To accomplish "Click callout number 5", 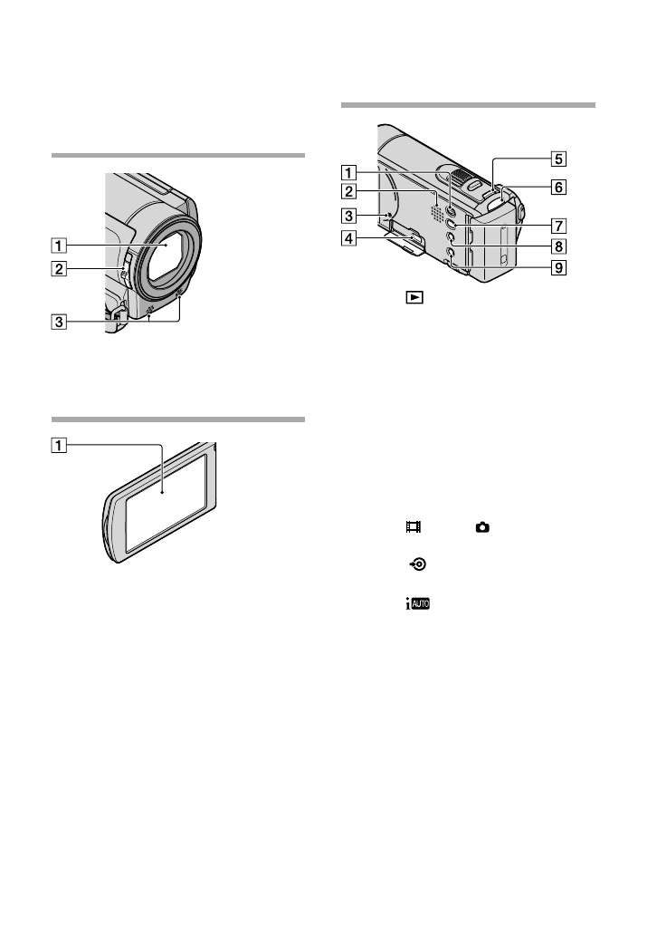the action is pos(558,159).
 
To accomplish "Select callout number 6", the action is pos(558,188).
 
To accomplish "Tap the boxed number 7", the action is pos(558,226).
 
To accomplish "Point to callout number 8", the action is pos(558,246).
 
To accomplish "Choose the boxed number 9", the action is pos(558,267).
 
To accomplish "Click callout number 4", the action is pos(349,239).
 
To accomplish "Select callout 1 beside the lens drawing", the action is pos(59,246).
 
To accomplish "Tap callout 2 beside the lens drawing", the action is pos(59,269).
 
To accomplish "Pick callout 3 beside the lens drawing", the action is pos(59,323).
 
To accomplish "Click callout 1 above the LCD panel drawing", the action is pos(59,445).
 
